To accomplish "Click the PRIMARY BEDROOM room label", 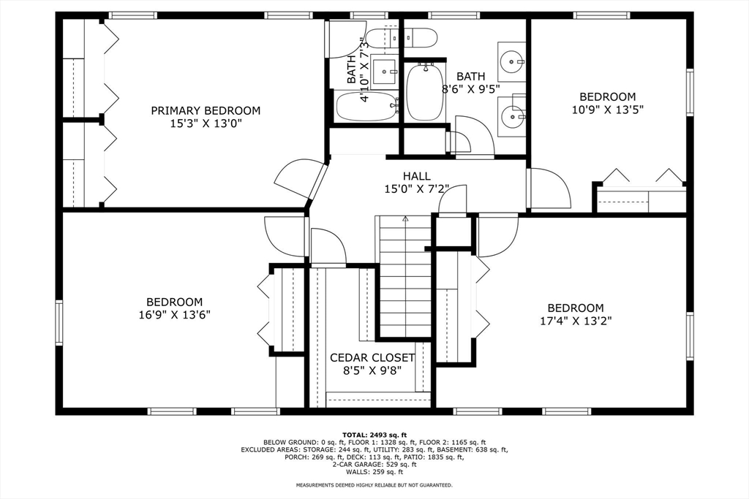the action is pos(206,110).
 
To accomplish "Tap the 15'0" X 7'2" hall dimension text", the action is pos(417,189).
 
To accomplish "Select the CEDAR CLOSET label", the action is pos(372,358).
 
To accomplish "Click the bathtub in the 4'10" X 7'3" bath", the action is pos(367,107).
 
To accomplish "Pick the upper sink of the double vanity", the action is pos(511,61).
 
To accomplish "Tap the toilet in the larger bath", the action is pos(420,38).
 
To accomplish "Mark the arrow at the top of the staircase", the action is pos(405,219).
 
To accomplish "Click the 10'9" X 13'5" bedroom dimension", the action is pos(608,110).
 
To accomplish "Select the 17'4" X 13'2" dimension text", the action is pos(576,321).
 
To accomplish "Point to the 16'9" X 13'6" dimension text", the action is pos(174,315).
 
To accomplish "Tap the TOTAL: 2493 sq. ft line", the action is pos(374,435).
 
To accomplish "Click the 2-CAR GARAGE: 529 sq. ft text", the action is pos(374,464).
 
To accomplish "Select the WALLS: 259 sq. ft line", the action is pos(374,472).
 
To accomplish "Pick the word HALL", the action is pos(416,176).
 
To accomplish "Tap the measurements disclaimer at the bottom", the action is pos(374,485).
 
